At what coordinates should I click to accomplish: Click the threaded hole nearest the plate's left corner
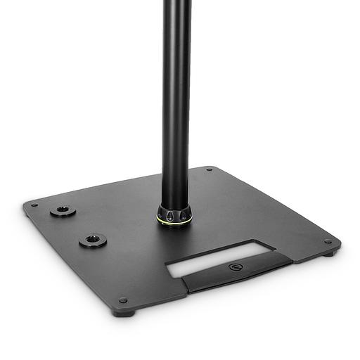(x=63, y=210)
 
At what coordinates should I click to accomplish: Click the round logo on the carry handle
(x=233, y=267)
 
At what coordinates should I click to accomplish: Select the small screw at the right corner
(x=328, y=242)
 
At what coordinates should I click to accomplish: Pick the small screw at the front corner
(x=124, y=300)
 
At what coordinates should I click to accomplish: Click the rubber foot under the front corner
(x=124, y=312)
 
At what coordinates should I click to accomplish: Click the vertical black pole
(x=176, y=105)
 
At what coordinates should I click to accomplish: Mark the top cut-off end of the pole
(x=176, y=3)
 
